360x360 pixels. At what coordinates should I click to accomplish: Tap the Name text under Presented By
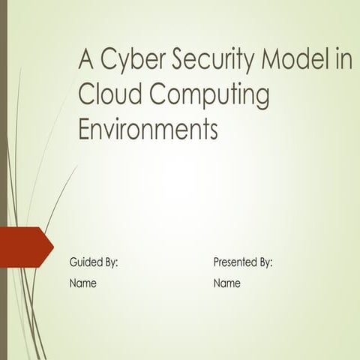227,283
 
